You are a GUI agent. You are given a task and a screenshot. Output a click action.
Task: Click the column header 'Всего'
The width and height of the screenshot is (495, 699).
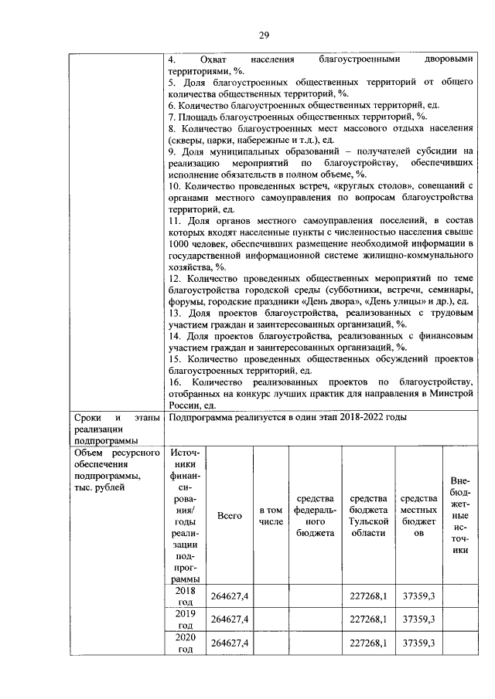(x=230, y=515)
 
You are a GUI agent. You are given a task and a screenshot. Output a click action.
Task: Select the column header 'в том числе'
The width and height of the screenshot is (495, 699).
(x=271, y=515)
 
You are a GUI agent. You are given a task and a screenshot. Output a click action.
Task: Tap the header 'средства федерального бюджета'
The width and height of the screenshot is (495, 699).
(x=314, y=515)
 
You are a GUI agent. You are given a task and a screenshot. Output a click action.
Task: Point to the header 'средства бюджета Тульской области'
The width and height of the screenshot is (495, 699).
(x=368, y=515)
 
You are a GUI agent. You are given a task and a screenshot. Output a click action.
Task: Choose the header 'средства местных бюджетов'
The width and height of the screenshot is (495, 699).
(x=418, y=515)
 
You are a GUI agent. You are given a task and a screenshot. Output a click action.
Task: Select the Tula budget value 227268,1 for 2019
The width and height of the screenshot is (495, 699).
(x=368, y=619)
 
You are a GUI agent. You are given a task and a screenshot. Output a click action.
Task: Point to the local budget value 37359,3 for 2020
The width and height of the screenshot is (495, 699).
(x=418, y=643)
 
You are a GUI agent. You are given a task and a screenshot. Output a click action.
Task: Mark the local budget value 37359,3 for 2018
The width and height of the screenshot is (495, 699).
(x=418, y=596)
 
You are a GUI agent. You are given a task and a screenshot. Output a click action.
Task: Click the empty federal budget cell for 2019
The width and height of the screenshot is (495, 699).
(x=314, y=619)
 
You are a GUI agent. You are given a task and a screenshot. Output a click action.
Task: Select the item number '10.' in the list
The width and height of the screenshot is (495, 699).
(x=175, y=186)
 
